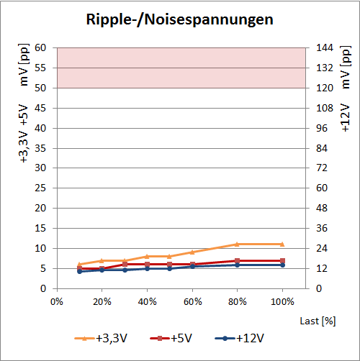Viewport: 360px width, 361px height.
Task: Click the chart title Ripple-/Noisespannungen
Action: coord(180,19)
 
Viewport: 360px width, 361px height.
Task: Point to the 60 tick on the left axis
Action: coord(40,47)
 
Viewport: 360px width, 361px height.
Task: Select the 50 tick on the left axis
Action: coord(40,88)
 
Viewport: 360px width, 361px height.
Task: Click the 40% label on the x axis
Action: coord(147,301)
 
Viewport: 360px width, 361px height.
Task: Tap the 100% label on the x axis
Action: coord(282,301)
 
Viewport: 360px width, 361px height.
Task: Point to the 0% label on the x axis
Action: coord(57,301)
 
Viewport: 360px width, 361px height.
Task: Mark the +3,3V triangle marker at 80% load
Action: coord(237,245)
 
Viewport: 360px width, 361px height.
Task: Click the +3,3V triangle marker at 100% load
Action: coord(282,245)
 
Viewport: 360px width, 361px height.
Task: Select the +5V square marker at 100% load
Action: coord(282,260)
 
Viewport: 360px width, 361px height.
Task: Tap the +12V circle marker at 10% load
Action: coord(79,271)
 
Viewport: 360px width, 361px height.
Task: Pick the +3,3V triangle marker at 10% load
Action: coord(79,265)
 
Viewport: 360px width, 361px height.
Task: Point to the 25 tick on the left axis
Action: coord(40,188)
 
